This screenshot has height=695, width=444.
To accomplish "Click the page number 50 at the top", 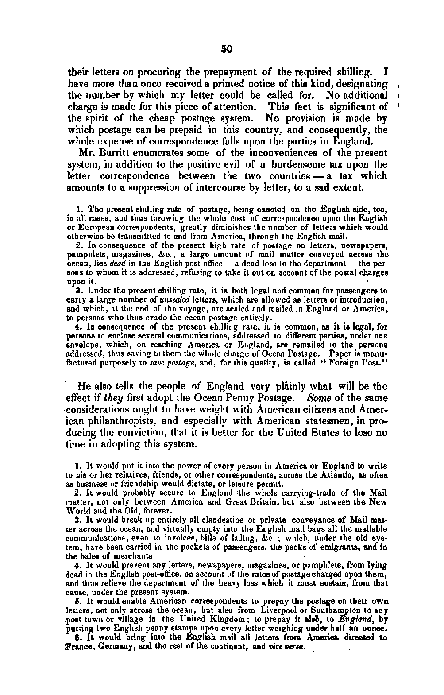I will [x=227, y=49].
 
